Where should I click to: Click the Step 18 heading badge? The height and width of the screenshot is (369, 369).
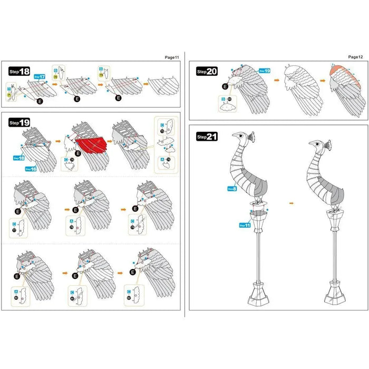pyautogui.click(x=20, y=72)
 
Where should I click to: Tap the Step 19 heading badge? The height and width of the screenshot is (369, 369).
pyautogui.click(x=20, y=122)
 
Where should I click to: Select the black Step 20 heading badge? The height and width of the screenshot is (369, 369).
pyautogui.click(x=207, y=71)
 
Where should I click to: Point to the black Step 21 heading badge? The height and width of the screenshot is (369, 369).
pyautogui.click(x=207, y=136)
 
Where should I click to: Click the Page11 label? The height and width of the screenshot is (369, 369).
pyautogui.click(x=172, y=56)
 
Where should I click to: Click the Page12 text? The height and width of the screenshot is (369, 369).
pyautogui.click(x=355, y=56)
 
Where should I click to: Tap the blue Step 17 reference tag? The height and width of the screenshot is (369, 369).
pyautogui.click(x=40, y=77)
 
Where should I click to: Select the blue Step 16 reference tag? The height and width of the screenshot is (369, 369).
pyautogui.click(x=31, y=169)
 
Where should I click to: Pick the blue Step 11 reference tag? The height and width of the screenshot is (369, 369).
pyautogui.click(x=244, y=225)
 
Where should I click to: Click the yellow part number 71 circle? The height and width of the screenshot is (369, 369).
pyautogui.click(x=9, y=95)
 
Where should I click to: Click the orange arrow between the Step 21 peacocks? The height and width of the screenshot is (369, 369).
pyautogui.click(x=292, y=201)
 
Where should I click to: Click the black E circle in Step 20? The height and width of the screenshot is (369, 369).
pyautogui.click(x=225, y=86)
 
